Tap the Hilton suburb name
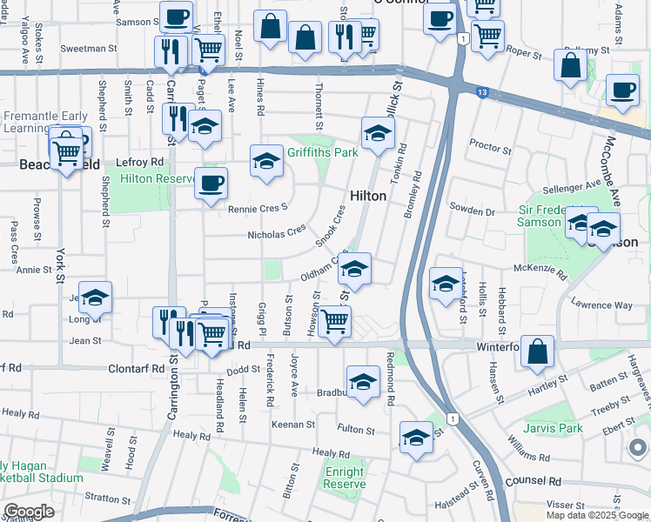(x=367, y=196)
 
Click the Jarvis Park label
(x=554, y=428)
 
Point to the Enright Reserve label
(x=344, y=477)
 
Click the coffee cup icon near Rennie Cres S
(x=211, y=184)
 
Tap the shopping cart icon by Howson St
(x=335, y=322)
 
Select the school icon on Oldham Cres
(x=354, y=269)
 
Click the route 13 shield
(x=480, y=90)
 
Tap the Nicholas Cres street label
(x=277, y=234)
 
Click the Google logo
(x=28, y=512)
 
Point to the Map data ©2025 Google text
(x=596, y=515)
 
